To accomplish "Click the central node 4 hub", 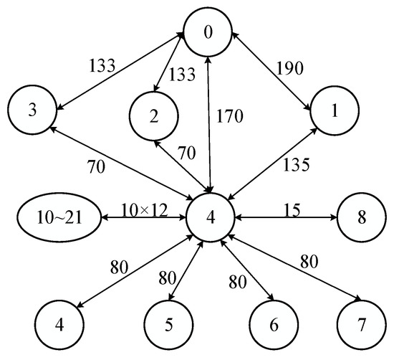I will coord(209,215).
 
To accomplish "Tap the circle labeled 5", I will coord(169,324).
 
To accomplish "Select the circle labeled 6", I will coord(273,324).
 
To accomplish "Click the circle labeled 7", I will coord(361,324).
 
